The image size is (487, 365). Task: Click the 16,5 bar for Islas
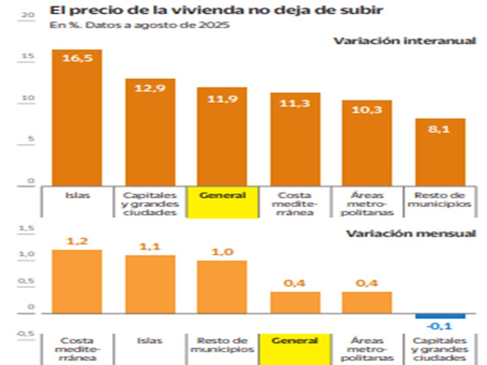pyautogui.click(x=77, y=119)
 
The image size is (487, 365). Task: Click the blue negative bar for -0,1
pyautogui.click(x=440, y=316)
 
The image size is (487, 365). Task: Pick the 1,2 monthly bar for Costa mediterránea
pyautogui.click(x=77, y=281)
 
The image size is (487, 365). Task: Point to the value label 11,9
pyautogui.click(x=223, y=99)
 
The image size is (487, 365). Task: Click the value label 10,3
pyautogui.click(x=367, y=109)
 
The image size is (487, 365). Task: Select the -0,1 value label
pyautogui.click(x=439, y=327)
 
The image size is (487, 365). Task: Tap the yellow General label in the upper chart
pyautogui.click(x=223, y=196)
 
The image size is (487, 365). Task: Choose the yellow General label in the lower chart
pyautogui.click(x=295, y=341)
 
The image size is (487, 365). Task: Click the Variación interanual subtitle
pyautogui.click(x=404, y=41)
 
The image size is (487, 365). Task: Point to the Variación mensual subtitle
pyautogui.click(x=410, y=234)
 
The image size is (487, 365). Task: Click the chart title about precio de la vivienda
pyautogui.click(x=216, y=10)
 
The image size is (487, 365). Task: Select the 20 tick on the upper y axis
pyautogui.click(x=29, y=15)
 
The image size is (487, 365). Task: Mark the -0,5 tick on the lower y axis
pyautogui.click(x=26, y=334)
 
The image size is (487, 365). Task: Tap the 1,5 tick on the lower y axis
pyautogui.click(x=27, y=229)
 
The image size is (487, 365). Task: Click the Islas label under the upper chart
pyautogui.click(x=77, y=195)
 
